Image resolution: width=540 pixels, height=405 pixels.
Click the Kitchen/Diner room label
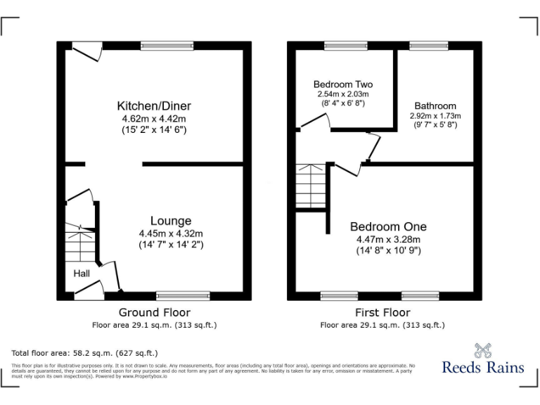tap(154, 106)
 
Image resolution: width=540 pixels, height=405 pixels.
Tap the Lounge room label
tap(170, 221)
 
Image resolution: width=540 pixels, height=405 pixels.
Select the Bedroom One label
tap(388, 226)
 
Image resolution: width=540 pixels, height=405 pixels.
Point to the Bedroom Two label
tap(342, 84)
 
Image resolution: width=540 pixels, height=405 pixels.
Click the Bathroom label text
tap(435, 105)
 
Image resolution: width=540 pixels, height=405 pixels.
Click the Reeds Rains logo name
tap(483, 366)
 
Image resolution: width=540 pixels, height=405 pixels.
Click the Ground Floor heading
tap(154, 312)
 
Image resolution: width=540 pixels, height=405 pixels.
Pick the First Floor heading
tap(382, 312)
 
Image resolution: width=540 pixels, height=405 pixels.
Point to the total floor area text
tap(85, 352)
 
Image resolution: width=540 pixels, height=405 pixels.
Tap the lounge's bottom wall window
tap(183, 296)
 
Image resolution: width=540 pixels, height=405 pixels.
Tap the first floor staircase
tap(310, 186)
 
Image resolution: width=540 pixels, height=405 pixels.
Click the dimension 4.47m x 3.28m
tap(388, 239)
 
